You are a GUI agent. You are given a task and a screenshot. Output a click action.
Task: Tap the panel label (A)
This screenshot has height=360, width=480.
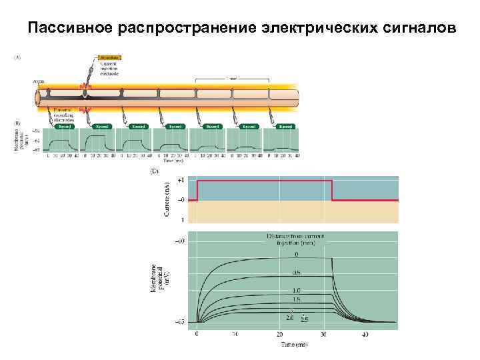18,57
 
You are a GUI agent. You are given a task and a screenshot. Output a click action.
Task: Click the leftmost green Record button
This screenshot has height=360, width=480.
64,125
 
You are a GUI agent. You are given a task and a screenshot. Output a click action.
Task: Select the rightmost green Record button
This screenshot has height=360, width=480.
285,125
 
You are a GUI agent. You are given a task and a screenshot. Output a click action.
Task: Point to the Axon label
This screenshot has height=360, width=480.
38,81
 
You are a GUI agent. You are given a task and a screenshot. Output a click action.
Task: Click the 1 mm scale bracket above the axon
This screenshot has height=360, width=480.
232,79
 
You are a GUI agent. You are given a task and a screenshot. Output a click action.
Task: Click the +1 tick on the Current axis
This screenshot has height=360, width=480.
181,180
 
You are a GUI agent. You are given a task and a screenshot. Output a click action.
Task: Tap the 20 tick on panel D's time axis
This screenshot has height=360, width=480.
281,335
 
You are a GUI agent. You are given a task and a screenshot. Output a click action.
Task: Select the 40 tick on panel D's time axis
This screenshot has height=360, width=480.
364,335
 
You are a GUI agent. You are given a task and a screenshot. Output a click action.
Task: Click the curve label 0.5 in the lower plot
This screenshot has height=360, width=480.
297,271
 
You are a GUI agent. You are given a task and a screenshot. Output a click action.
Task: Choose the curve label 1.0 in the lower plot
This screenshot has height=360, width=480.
296,290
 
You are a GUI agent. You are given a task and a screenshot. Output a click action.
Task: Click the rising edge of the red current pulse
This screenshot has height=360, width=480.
197,190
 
